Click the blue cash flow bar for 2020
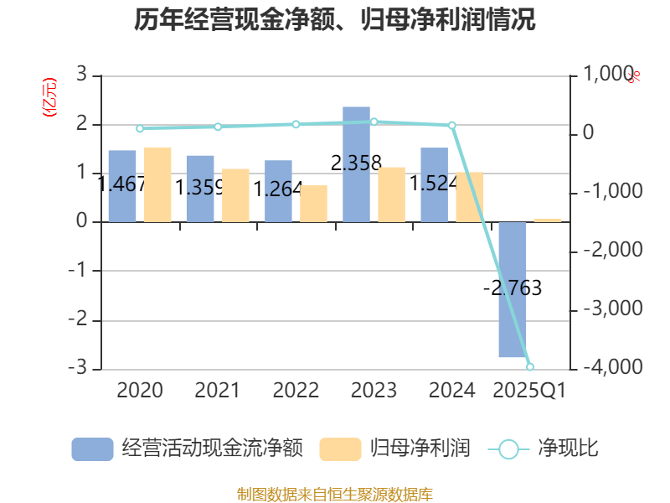point(122,186)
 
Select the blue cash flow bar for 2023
point(357,164)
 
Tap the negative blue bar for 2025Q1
point(513,289)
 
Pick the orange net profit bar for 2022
point(313,204)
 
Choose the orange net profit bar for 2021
point(235,195)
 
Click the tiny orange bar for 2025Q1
point(548,220)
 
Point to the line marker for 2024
point(452,126)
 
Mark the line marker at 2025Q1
point(530,366)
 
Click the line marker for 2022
point(296,124)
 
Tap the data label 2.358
point(357,163)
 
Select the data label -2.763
point(513,288)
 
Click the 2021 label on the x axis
point(217,390)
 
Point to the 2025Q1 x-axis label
point(529,390)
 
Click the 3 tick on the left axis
point(81,75)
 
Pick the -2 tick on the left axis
point(78,320)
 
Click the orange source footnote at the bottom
point(335,494)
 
